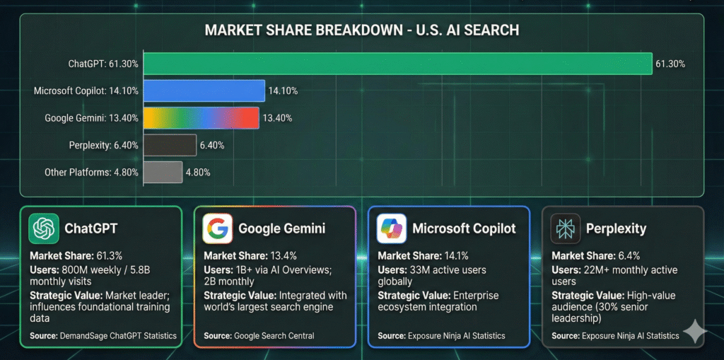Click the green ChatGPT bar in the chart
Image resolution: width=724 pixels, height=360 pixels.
[x=397, y=64]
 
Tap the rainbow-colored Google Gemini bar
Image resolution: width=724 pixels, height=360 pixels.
[x=201, y=117]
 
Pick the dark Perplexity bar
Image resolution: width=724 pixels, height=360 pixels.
[x=170, y=145]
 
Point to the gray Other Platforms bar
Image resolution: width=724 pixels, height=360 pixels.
[x=163, y=172]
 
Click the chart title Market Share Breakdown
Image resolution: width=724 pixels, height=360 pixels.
[x=361, y=30]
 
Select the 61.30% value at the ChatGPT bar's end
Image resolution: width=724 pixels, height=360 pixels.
[x=670, y=64]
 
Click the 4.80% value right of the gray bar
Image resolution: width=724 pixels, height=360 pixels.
[x=198, y=172]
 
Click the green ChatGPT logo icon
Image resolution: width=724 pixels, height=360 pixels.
[x=44, y=228]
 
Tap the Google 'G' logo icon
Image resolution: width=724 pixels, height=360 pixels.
[x=218, y=228]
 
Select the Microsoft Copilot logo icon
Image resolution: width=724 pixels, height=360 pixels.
[x=392, y=228]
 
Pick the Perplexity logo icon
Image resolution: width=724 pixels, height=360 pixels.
[x=566, y=228]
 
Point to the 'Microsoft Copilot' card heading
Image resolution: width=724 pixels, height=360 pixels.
[x=464, y=228]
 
